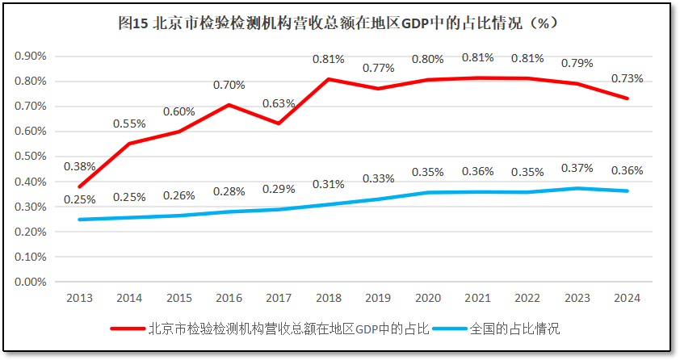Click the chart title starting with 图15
(338, 23)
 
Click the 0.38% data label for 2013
(79, 166)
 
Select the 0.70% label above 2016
(229, 84)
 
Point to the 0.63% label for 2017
(279, 103)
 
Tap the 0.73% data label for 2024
(628, 78)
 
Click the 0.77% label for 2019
(378, 68)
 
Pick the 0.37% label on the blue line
(577, 168)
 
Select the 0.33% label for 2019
(378, 178)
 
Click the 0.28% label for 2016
(229, 190)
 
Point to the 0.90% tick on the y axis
(30, 56)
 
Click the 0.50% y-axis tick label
(30, 157)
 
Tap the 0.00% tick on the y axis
(30, 282)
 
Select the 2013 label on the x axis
(79, 298)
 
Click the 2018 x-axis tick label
(329, 298)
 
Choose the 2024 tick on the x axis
(627, 298)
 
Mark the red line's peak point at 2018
(329, 79)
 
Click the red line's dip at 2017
(279, 123)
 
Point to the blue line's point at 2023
(577, 188)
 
